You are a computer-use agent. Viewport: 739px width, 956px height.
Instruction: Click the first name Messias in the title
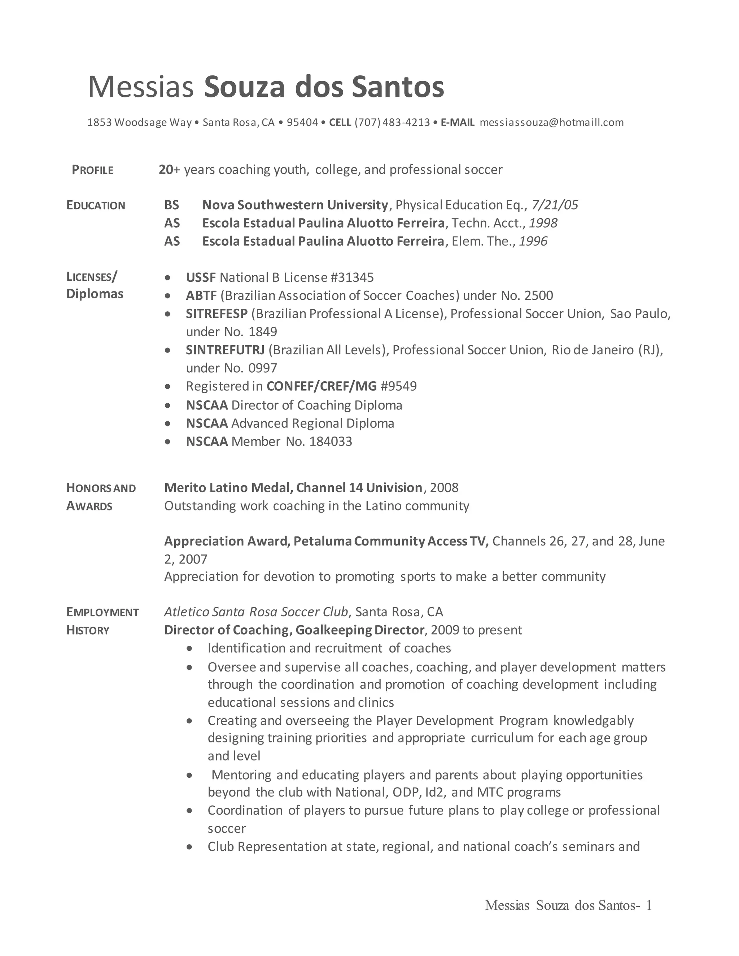click(140, 87)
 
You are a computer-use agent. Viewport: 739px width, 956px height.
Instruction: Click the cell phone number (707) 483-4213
click(392, 123)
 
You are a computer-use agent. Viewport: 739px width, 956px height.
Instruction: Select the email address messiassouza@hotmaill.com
click(551, 123)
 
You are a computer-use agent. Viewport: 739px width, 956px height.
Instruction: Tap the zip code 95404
click(302, 123)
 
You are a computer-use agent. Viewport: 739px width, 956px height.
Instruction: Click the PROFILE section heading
click(92, 170)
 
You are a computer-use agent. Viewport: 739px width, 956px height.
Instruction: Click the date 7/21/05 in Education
click(554, 205)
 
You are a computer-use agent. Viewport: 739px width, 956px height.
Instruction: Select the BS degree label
click(172, 205)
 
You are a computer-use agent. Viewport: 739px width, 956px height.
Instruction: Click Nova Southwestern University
click(295, 205)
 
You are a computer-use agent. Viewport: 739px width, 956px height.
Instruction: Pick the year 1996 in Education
click(533, 241)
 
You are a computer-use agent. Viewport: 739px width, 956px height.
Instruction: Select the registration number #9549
click(398, 386)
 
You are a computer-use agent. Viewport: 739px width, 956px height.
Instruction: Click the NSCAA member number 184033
click(331, 441)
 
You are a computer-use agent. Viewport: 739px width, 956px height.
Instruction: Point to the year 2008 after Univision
click(444, 488)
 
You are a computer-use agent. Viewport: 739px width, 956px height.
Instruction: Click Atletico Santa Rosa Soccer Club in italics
click(256, 612)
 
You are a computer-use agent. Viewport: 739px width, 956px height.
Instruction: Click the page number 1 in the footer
click(648, 905)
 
